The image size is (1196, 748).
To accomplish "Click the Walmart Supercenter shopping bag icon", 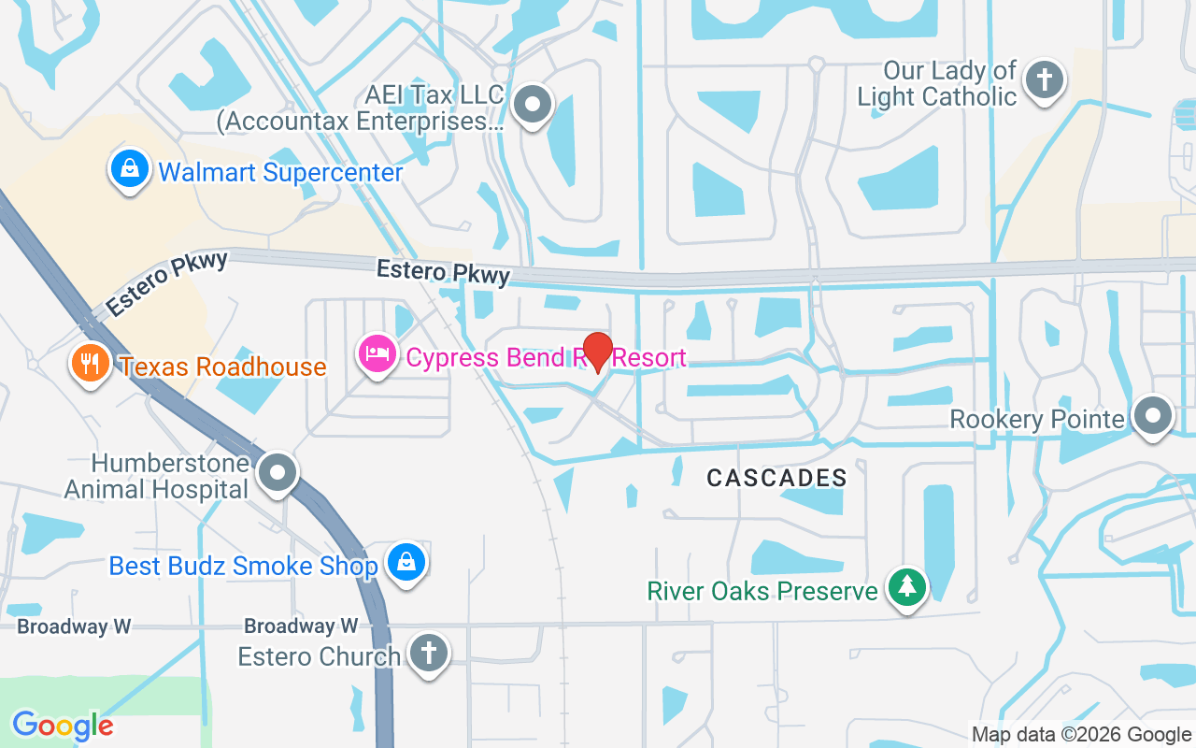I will point(130,170).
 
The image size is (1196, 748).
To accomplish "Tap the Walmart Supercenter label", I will point(280,173).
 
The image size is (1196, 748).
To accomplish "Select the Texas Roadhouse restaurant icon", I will point(90,364).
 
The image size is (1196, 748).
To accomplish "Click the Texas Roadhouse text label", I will point(223,367).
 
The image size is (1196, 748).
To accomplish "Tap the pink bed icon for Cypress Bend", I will point(377,354).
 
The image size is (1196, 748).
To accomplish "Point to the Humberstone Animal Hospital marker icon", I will point(278,473).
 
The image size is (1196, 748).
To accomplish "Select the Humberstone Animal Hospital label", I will point(157,476).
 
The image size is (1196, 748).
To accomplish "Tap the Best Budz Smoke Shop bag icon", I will point(407,563).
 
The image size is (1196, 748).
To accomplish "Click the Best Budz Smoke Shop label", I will point(243,566).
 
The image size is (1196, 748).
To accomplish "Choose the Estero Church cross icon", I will point(428,654).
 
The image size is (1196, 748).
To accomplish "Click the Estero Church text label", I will point(319,656).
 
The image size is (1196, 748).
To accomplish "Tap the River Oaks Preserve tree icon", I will point(906,588).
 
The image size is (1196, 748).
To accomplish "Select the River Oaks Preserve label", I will point(762,591).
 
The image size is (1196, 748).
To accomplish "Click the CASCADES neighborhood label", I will point(776,478).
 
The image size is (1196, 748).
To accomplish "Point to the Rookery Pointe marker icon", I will point(1152,416).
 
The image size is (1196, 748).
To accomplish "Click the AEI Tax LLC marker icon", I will point(534,105).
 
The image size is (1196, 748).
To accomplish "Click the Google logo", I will point(63,726).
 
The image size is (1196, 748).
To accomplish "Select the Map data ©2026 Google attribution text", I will point(1081,735).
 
